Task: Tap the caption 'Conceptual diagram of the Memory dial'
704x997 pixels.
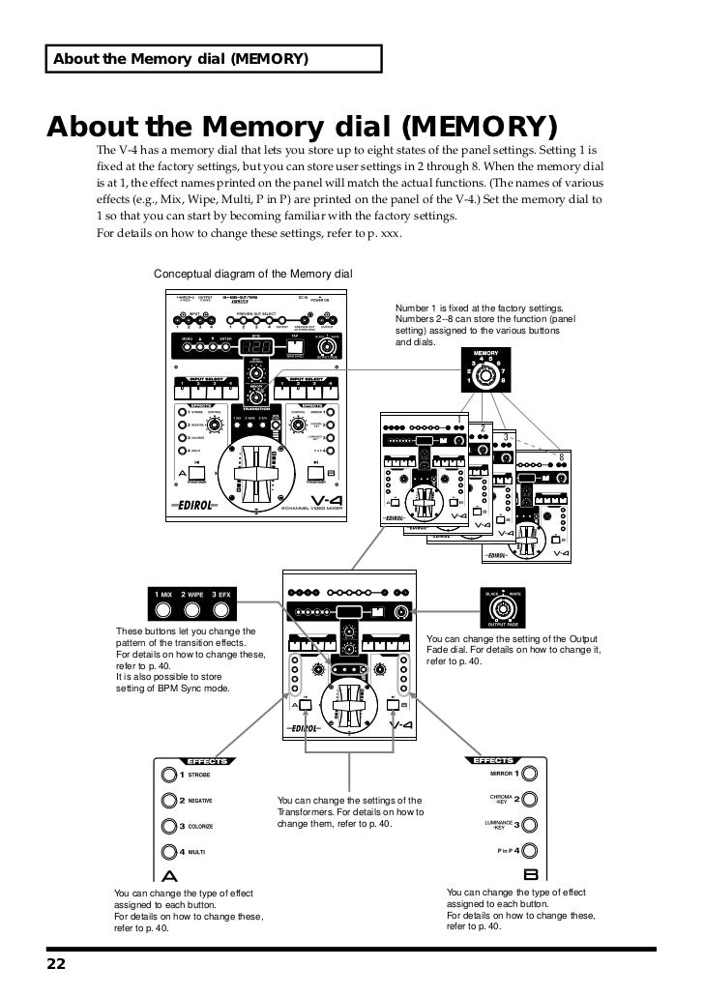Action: (254, 275)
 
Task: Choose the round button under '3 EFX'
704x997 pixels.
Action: (222, 610)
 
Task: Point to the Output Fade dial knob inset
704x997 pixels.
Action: (503, 608)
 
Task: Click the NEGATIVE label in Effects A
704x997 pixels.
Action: (200, 801)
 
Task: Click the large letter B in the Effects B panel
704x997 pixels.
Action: (530, 874)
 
